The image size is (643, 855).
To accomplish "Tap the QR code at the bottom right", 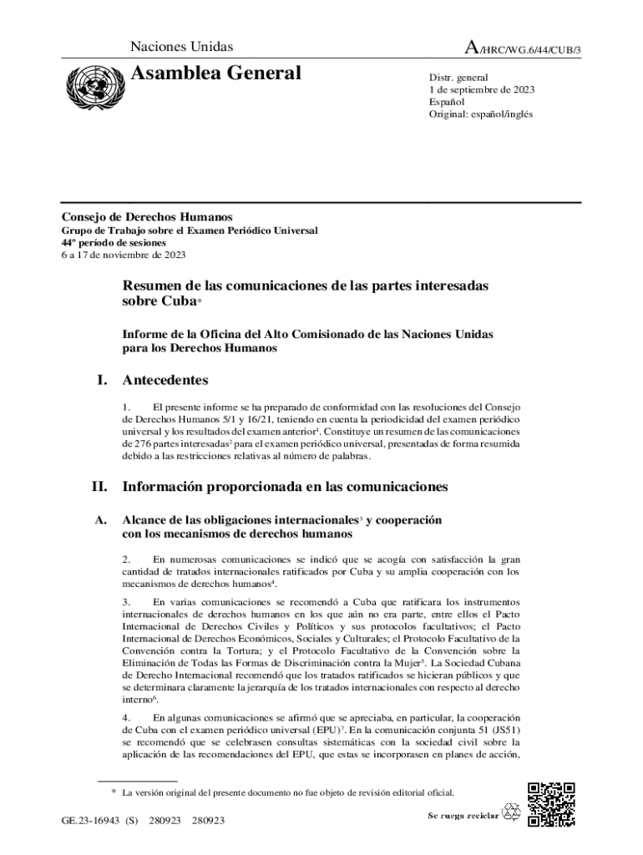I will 552,803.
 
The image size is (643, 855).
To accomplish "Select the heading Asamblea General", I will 216,73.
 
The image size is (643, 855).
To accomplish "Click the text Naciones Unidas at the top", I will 182,48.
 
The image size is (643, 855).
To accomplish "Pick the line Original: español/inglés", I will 474,114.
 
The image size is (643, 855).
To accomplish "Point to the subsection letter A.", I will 100,519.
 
